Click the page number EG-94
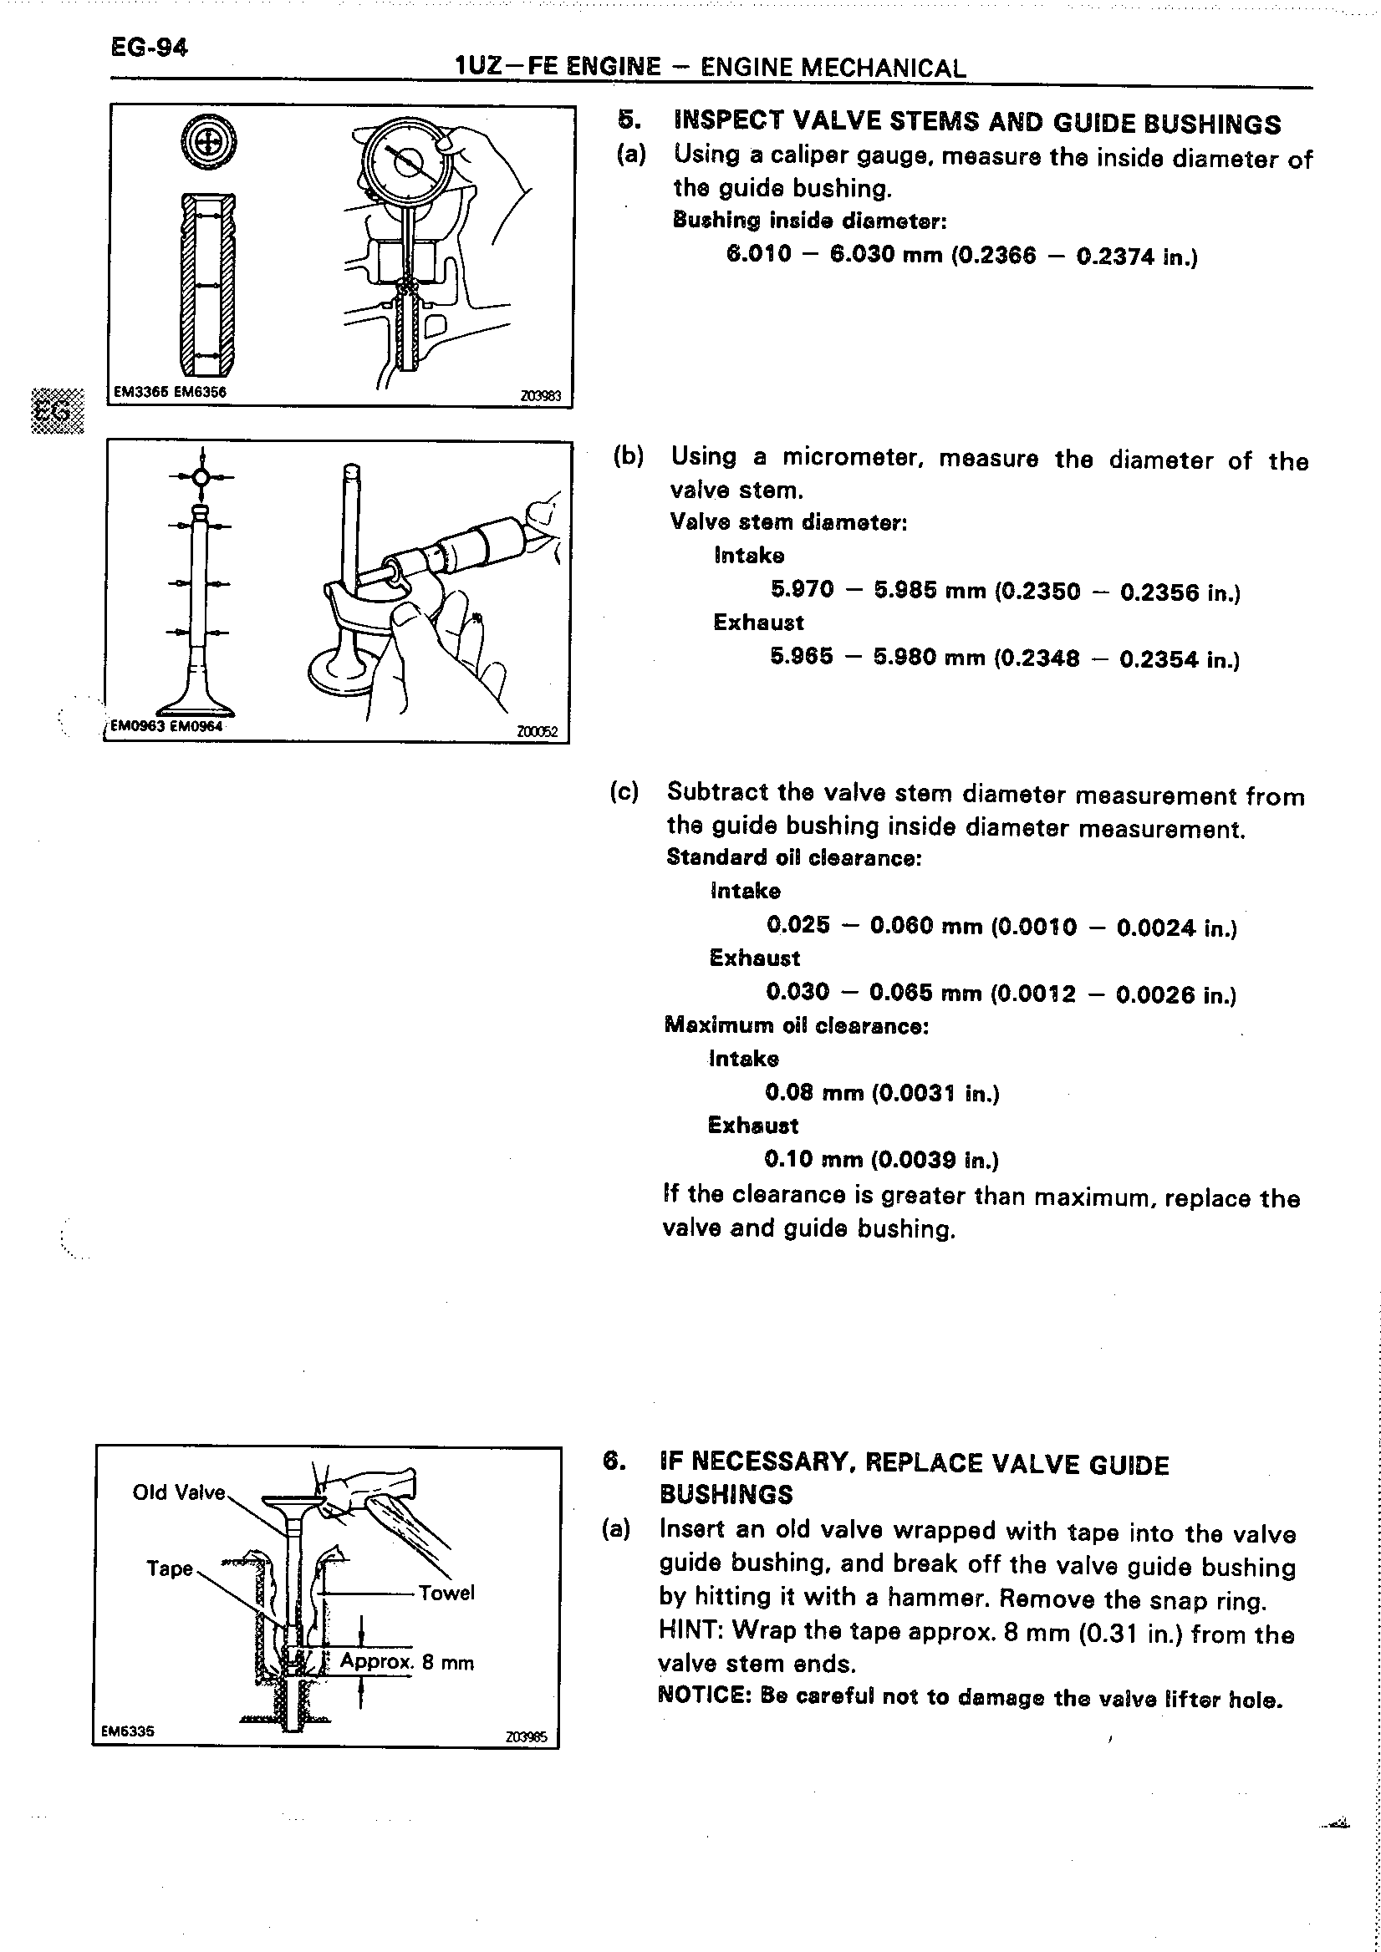tap(149, 48)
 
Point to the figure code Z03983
tap(540, 395)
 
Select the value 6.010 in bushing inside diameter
tap(758, 254)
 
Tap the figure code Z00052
tap(538, 731)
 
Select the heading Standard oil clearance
tap(793, 858)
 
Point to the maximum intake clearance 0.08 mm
tap(814, 1092)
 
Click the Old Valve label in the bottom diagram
tap(179, 1493)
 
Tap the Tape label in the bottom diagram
tap(170, 1568)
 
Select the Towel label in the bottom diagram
tap(446, 1593)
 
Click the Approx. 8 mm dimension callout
tap(407, 1662)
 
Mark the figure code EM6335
tap(128, 1730)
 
